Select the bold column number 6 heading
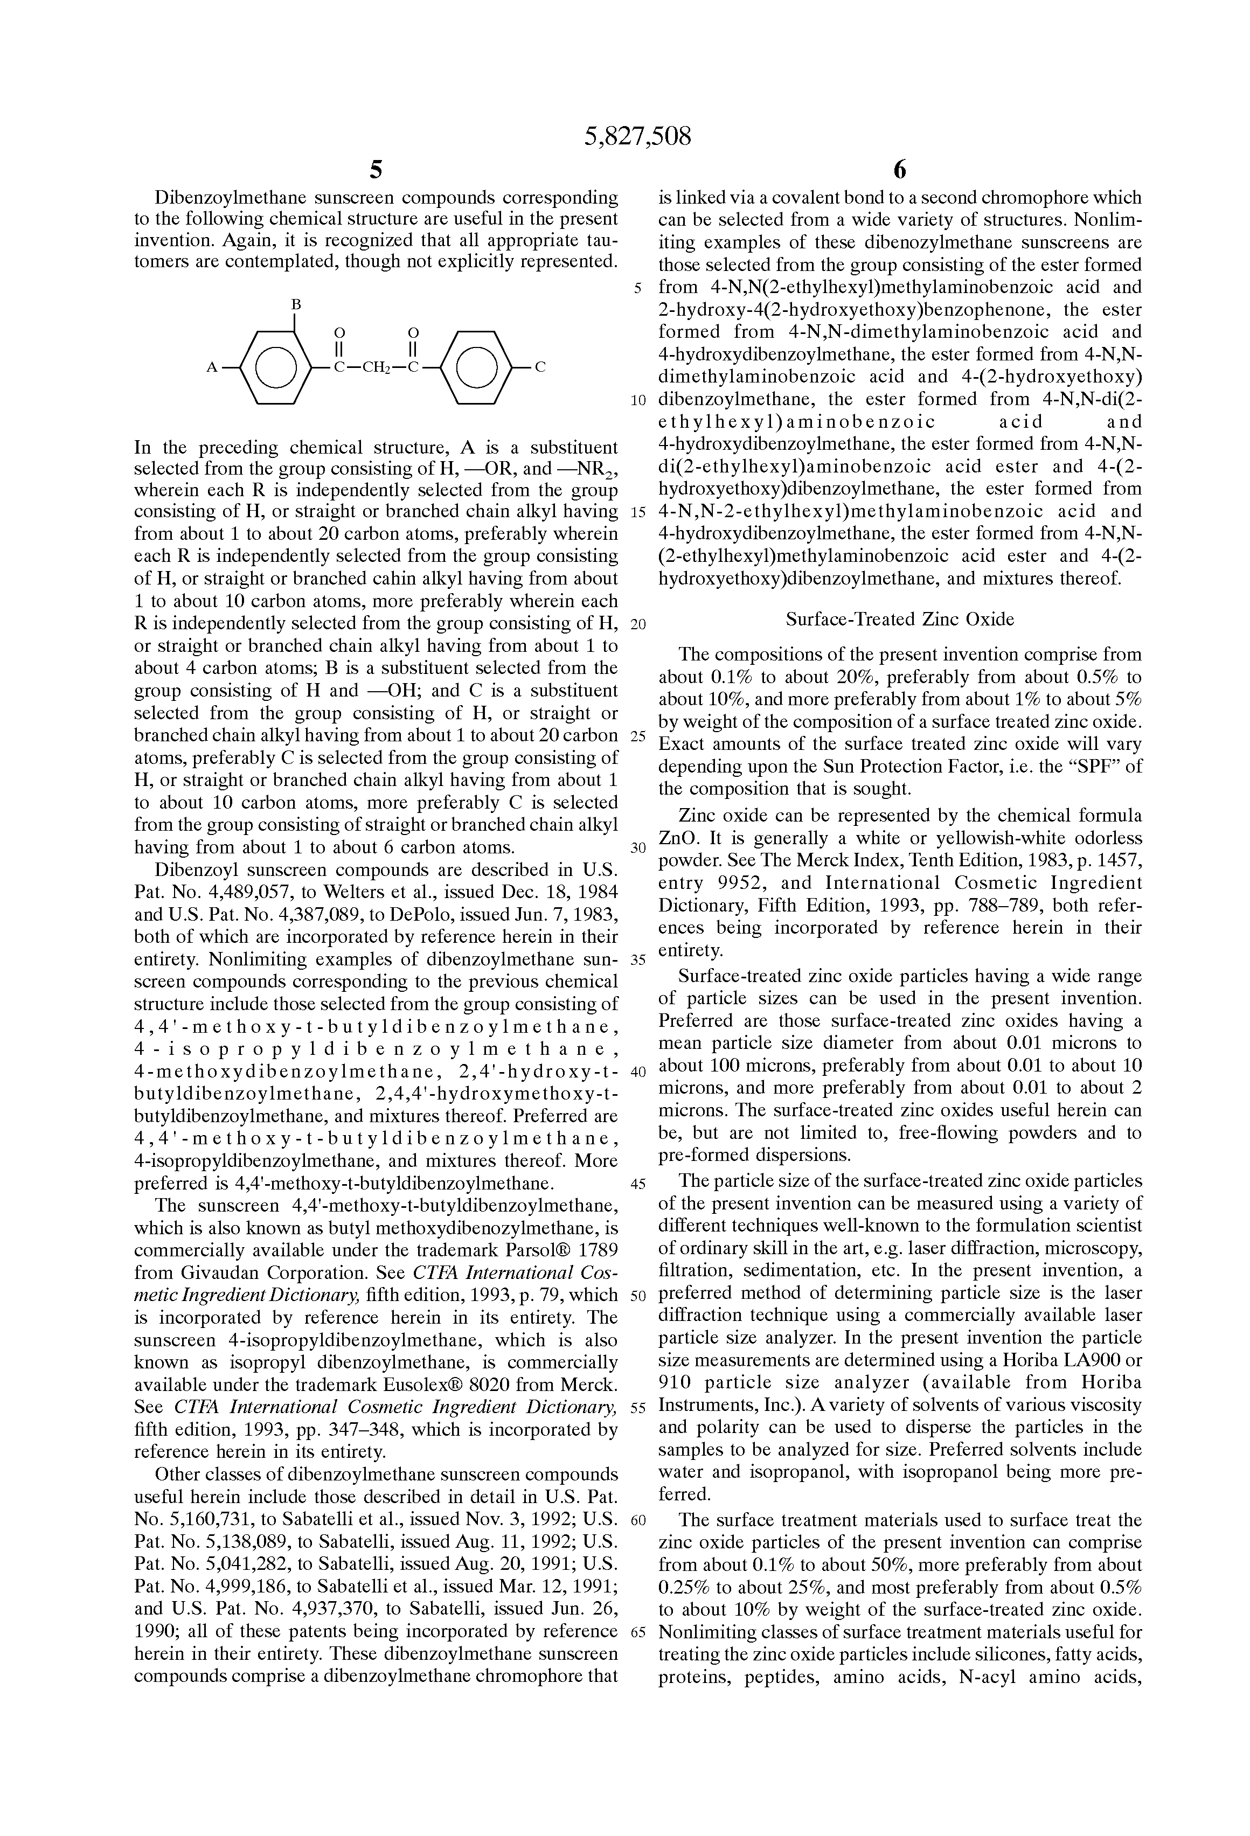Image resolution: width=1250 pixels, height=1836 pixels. [899, 170]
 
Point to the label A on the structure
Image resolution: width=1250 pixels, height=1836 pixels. [212, 367]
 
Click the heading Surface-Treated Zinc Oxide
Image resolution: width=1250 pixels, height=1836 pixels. [899, 620]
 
